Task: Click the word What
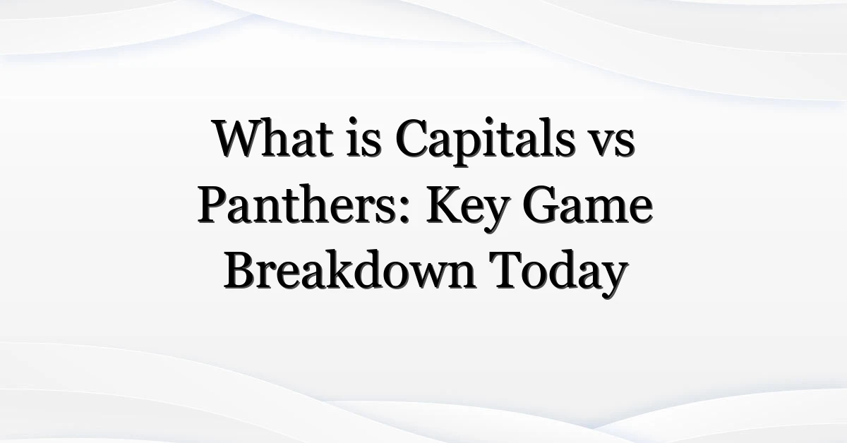pyautogui.click(x=273, y=138)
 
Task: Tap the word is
pyautogui.click(x=364, y=137)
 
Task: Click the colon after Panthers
pyautogui.click(x=405, y=210)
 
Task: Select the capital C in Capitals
pyautogui.click(x=414, y=138)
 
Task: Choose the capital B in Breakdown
pyautogui.click(x=241, y=271)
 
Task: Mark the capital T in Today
pyautogui.click(x=506, y=271)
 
